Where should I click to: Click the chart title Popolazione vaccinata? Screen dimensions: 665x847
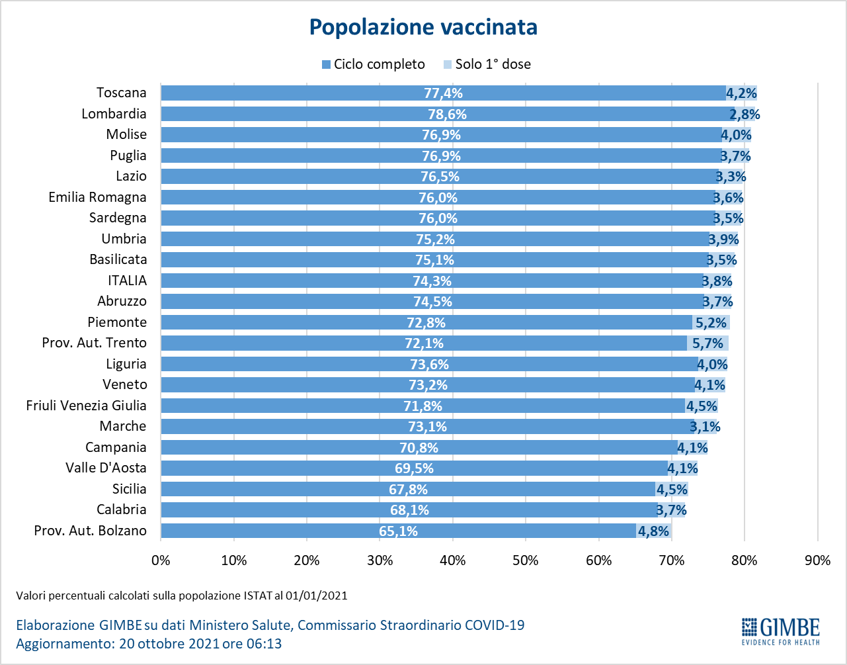tap(423, 27)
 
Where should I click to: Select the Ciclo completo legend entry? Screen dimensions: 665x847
tap(373, 64)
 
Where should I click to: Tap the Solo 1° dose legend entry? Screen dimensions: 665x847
tap(487, 64)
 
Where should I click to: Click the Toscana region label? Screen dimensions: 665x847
tap(122, 93)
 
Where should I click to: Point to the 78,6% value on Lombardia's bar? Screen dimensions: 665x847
tap(447, 114)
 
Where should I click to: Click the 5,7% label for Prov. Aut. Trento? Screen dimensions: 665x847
tap(708, 343)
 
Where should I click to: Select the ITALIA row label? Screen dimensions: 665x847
tap(128, 281)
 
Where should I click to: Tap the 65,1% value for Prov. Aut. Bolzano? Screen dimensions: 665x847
tap(398, 531)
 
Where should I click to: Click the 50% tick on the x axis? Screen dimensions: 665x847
tap(526, 560)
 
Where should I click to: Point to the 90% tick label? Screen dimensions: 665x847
tap(817, 560)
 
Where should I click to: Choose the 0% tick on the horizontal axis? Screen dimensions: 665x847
tap(161, 560)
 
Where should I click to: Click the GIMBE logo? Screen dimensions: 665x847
tap(780, 631)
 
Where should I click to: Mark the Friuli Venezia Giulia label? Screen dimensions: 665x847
tap(87, 406)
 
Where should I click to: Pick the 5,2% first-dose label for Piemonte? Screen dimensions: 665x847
tap(710, 323)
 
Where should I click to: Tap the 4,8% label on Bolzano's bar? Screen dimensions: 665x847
tap(653, 531)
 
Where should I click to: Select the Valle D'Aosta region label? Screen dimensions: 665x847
tap(106, 468)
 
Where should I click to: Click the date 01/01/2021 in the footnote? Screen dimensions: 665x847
tap(317, 596)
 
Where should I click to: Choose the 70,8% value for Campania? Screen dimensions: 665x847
tap(419, 448)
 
